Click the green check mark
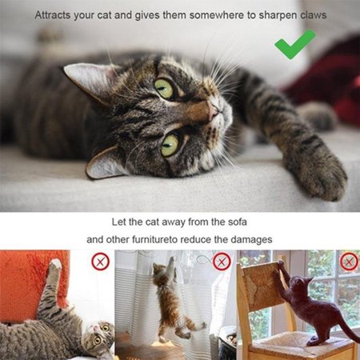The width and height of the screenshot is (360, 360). pyautogui.click(x=295, y=45)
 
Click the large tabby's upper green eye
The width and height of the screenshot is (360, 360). pyautogui.click(x=164, y=89)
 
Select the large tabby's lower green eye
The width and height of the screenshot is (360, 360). pyautogui.click(x=170, y=146)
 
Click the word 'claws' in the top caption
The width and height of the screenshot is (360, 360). pyautogui.click(x=314, y=15)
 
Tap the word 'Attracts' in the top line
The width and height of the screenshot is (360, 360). pyautogui.click(x=52, y=15)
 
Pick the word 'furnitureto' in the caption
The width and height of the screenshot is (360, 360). pyautogui.click(x=154, y=239)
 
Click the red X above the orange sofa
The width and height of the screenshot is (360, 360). pyautogui.click(x=100, y=262)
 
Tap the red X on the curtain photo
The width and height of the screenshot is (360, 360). pyautogui.click(x=222, y=262)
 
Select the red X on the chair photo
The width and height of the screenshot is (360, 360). pyautogui.click(x=349, y=262)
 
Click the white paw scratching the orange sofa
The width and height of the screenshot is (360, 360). pyautogui.click(x=56, y=265)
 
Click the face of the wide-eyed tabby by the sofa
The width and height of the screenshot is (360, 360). pyautogui.click(x=99, y=336)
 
